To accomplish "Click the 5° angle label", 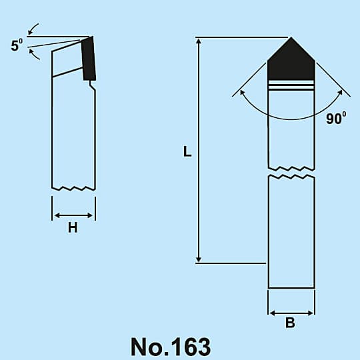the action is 17,45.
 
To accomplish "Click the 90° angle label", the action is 336,118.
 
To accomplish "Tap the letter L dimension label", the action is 187,151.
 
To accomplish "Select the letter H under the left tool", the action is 73,228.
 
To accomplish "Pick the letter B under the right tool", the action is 290,323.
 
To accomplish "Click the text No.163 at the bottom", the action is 171,347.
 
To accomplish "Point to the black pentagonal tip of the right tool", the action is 291,60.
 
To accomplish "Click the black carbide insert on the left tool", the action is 89,59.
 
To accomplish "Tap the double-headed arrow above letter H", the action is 73,215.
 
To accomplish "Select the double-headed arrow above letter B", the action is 291,313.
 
